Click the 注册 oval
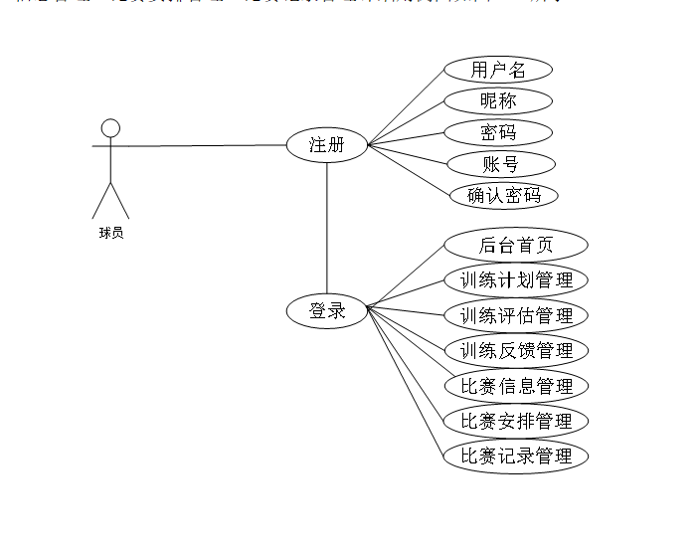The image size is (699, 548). click(x=326, y=145)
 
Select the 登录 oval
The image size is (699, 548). click(x=326, y=311)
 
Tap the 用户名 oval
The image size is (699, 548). click(x=497, y=70)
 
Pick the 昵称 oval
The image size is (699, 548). click(x=497, y=100)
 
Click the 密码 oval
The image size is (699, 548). click(x=497, y=132)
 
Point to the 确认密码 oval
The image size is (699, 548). click(x=504, y=195)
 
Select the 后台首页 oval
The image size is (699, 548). click(x=515, y=245)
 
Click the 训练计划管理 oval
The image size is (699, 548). click(x=515, y=280)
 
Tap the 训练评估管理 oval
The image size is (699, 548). click(x=515, y=316)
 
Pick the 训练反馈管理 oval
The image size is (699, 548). click(x=515, y=350)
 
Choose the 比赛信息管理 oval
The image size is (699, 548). click(x=515, y=386)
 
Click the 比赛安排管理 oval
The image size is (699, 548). click(x=515, y=421)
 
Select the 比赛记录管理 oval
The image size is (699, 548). click(x=515, y=457)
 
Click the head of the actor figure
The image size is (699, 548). click(x=110, y=127)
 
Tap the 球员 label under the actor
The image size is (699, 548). click(x=110, y=234)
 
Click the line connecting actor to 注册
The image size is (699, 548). click(x=199, y=146)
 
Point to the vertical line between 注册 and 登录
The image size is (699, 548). click(x=327, y=229)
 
